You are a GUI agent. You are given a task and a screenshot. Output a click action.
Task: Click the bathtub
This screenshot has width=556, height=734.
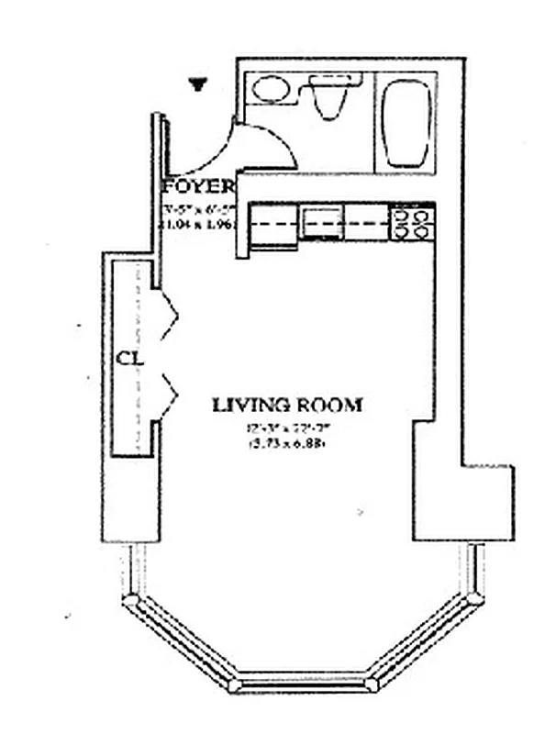click(x=406, y=123)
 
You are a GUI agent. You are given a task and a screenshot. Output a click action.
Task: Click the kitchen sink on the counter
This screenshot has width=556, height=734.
click(x=321, y=222)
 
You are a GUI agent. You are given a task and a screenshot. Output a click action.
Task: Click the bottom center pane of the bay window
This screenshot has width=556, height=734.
click(x=303, y=684)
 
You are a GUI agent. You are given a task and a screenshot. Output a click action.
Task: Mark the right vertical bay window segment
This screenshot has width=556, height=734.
click(x=475, y=569)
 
